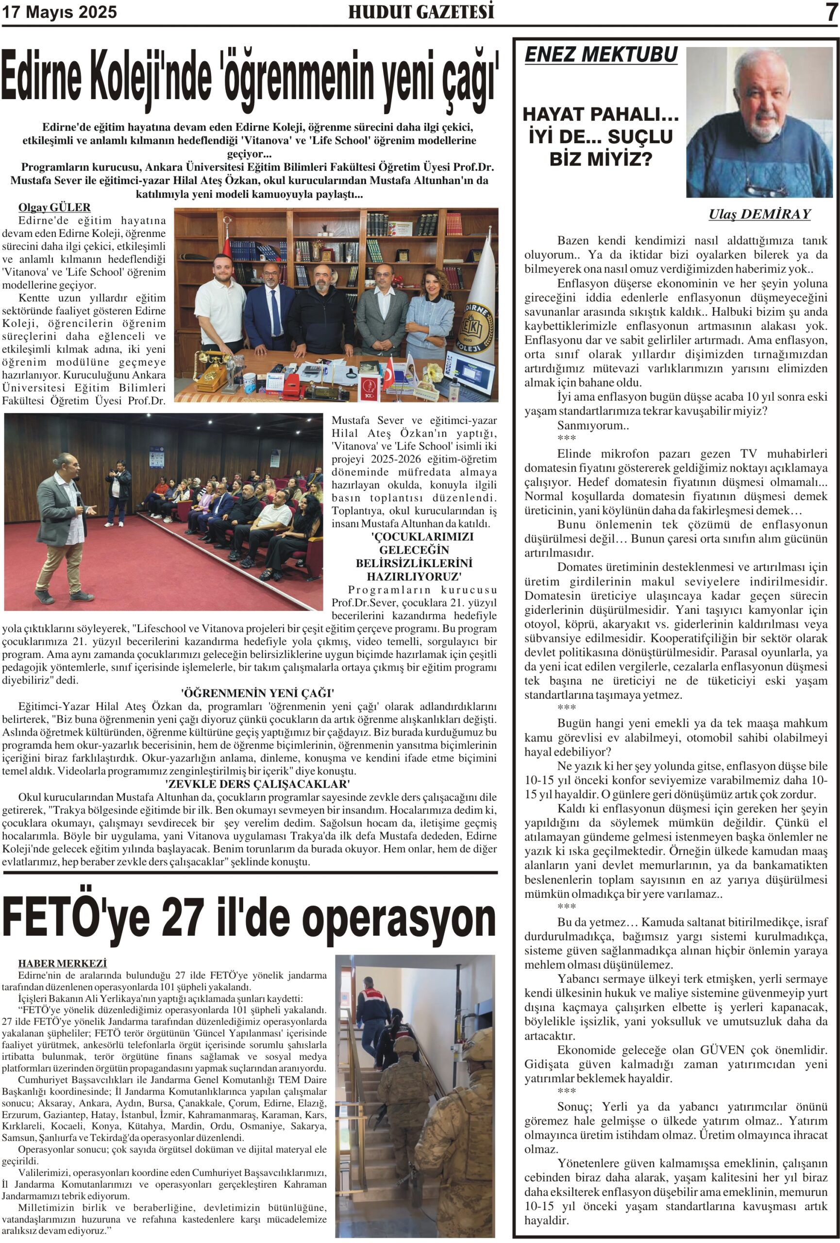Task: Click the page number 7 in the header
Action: click(x=831, y=12)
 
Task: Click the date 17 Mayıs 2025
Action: click(x=59, y=12)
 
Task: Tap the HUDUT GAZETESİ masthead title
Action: click(x=421, y=12)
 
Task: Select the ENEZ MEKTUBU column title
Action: click(x=601, y=54)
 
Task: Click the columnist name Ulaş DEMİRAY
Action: click(x=759, y=215)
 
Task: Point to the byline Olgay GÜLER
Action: click(x=54, y=207)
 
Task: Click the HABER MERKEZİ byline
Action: click(x=62, y=963)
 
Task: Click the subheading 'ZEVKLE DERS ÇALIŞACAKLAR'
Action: click(x=257, y=784)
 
